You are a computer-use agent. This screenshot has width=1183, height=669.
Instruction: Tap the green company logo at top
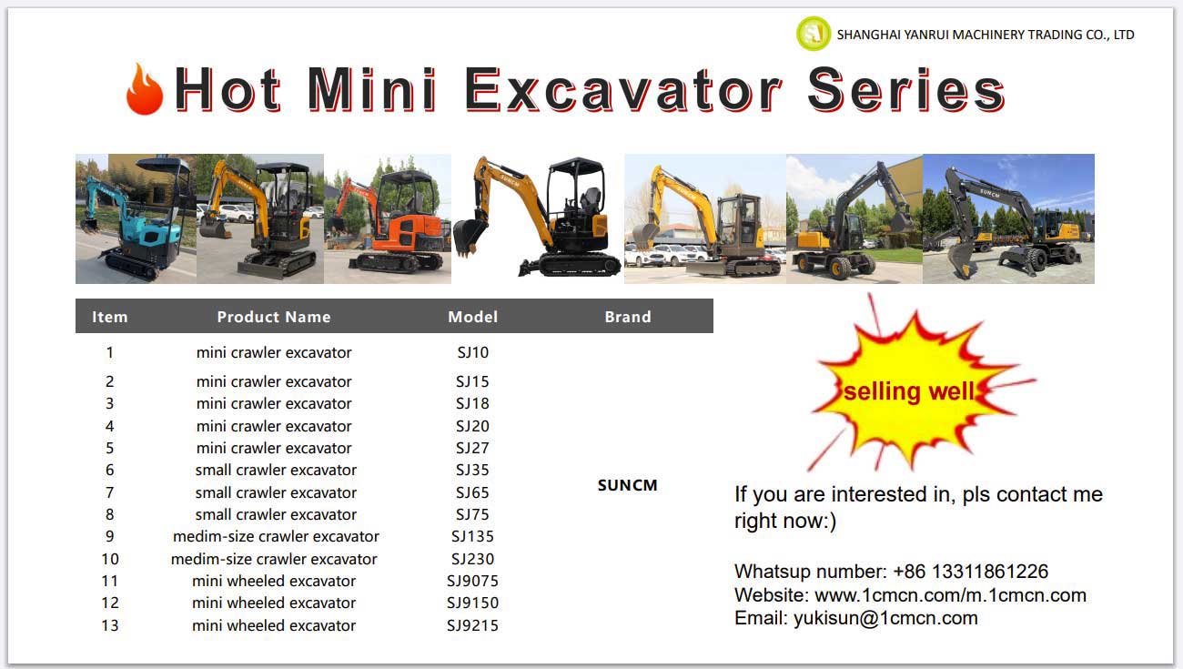pos(814,34)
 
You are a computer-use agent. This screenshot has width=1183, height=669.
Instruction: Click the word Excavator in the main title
pos(623,90)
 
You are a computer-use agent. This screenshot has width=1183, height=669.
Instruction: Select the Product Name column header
pos(274,317)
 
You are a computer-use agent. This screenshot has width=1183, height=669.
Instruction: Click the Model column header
pos(472,317)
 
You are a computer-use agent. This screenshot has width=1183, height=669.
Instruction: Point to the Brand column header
pos(627,317)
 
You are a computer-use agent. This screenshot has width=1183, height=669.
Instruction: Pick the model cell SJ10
pos(472,352)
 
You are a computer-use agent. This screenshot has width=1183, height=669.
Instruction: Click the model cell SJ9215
pos(472,625)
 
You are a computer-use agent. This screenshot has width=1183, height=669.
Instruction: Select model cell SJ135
pos(472,536)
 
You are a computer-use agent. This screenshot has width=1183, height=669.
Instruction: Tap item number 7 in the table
pos(109,492)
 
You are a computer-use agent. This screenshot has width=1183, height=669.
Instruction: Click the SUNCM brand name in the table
pos(627,485)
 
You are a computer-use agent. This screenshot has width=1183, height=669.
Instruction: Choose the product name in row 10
pos(274,559)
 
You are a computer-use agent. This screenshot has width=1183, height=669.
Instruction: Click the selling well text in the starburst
pos(908,391)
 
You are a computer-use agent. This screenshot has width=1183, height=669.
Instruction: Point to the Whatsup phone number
pos(970,572)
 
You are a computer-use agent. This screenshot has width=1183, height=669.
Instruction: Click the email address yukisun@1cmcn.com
pos(885,618)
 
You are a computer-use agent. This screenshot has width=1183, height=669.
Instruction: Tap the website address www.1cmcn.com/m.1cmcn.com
pos(950,595)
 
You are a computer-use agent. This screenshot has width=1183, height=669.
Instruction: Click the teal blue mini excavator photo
pos(136,218)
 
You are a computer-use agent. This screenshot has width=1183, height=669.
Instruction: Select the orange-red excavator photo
pos(388,218)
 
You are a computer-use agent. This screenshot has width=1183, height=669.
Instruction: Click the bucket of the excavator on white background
pos(468,237)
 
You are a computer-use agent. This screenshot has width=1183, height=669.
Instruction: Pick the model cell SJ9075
pos(472,581)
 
